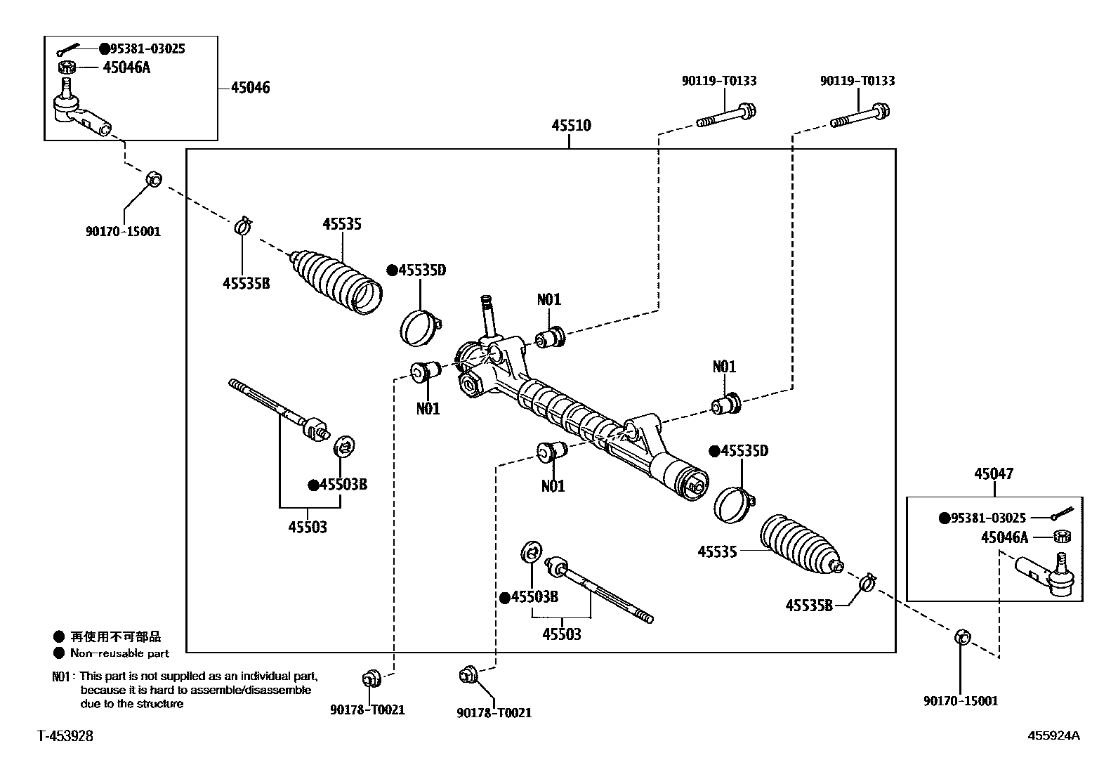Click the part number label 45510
[x=571, y=125]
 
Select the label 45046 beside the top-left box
[x=250, y=87]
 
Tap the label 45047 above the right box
[x=994, y=473]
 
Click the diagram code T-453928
[x=65, y=736]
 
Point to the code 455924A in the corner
[x=1053, y=735]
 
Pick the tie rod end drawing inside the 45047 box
[x=1045, y=575]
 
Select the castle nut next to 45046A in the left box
[x=67, y=67]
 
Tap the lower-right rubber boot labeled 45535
[x=801, y=544]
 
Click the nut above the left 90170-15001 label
[x=154, y=178]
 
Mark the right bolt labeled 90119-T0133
[x=860, y=115]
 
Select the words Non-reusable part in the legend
[x=120, y=653]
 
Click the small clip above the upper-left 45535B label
[x=243, y=225]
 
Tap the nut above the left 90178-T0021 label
[x=371, y=679]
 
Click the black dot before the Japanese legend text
[x=59, y=636]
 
